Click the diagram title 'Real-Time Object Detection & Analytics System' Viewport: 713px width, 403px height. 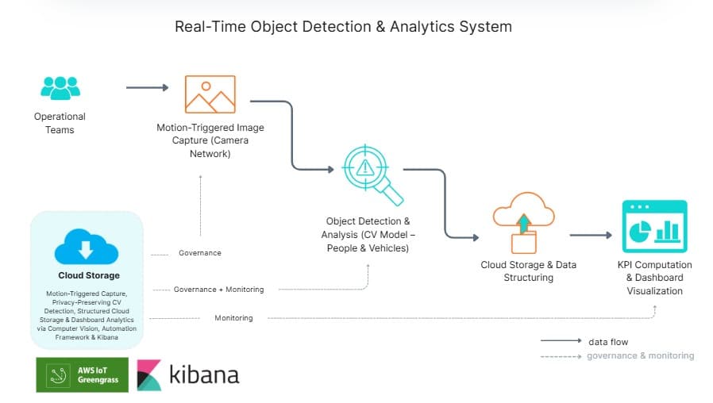[x=343, y=27]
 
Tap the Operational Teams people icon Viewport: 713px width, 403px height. [x=60, y=87]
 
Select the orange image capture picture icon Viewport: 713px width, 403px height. [x=210, y=94]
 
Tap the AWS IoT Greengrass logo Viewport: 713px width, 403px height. [x=82, y=374]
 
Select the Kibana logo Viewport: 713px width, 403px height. [x=188, y=374]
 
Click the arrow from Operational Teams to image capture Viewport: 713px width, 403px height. [x=148, y=87]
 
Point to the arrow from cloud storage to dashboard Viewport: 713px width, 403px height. [x=591, y=235]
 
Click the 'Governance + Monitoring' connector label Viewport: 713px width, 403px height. [x=218, y=290]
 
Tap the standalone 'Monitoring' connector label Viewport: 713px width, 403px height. [x=233, y=318]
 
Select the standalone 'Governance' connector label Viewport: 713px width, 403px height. [x=199, y=253]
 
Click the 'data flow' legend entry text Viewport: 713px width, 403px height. [x=608, y=342]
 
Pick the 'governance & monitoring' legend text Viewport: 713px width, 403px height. [x=640, y=355]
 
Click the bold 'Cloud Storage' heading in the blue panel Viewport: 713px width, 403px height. [x=89, y=276]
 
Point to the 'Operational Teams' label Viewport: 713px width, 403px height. [x=60, y=123]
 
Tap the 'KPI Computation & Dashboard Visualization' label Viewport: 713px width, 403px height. [x=654, y=278]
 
